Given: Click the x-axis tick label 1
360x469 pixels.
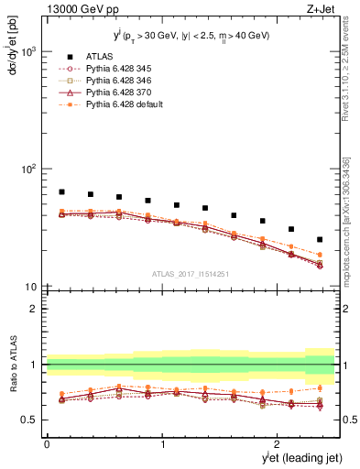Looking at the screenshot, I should (x=163, y=444).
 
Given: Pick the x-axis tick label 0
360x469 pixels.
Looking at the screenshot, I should (x=47, y=444).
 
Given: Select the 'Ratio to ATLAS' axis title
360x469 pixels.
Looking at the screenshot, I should (x=11, y=370).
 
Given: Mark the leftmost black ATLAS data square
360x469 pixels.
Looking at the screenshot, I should (x=61, y=192).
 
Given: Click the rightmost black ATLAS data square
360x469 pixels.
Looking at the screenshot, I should (x=320, y=239).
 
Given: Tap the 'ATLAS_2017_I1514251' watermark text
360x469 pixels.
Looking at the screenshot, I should (x=190, y=273).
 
